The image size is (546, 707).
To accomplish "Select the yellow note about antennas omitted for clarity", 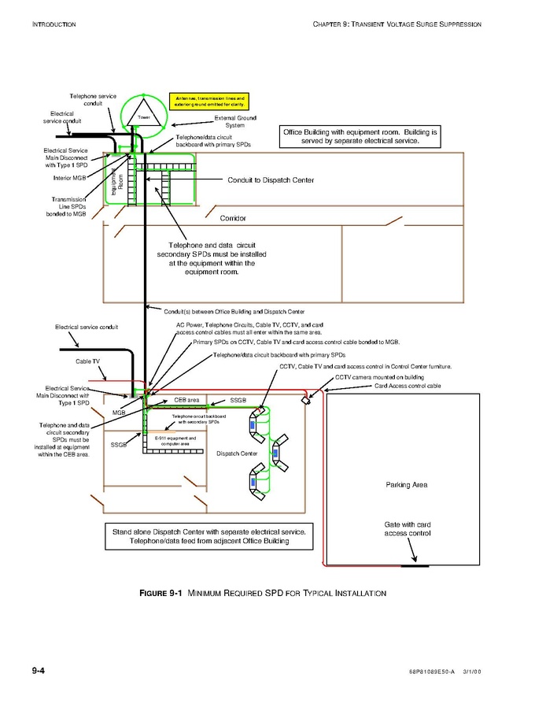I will [x=208, y=102].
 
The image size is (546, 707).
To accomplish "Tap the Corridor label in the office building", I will [x=234, y=217].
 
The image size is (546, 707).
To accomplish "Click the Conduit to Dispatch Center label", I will [x=270, y=180].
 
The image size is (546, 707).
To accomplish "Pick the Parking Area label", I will [x=406, y=485].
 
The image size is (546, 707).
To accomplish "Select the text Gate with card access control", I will [x=407, y=529].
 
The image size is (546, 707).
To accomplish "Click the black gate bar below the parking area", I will [x=414, y=565].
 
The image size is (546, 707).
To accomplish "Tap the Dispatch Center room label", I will [x=237, y=453].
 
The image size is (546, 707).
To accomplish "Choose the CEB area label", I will [x=186, y=400].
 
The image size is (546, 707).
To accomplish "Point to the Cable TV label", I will [x=87, y=361].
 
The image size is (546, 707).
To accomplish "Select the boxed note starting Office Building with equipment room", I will [x=359, y=136].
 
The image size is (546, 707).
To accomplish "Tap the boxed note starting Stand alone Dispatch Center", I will [x=208, y=537].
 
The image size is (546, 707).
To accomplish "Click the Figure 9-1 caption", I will [x=263, y=593].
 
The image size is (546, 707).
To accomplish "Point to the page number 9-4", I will [x=38, y=670].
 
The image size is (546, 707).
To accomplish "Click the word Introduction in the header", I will [x=53, y=25].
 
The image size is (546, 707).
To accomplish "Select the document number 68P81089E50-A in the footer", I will [x=421, y=672].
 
